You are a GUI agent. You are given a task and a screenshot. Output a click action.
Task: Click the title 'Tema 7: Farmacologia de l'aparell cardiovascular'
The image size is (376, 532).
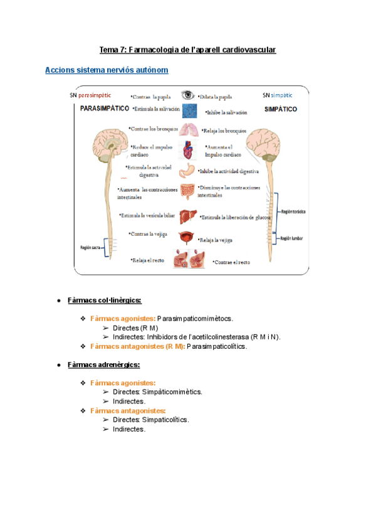(188, 50)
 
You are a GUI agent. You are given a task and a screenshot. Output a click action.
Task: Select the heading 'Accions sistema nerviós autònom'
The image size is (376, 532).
(107, 70)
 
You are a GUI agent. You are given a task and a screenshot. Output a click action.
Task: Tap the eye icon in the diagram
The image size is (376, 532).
(187, 95)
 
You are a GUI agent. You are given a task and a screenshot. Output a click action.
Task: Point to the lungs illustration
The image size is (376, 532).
(188, 130)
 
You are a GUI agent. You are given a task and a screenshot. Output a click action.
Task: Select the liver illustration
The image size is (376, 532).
(188, 216)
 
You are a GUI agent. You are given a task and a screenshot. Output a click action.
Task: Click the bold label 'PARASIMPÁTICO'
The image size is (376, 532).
(105, 109)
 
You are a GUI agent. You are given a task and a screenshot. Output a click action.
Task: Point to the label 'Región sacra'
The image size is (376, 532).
(91, 247)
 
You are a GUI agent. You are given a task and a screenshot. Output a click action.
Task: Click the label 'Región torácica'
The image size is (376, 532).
(293, 213)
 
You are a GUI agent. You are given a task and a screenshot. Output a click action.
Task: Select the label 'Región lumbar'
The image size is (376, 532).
(293, 238)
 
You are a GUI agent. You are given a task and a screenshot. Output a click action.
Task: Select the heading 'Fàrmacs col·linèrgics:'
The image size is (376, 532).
(105, 301)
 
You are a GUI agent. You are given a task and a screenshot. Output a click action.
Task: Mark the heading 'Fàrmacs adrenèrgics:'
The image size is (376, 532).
(103, 364)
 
